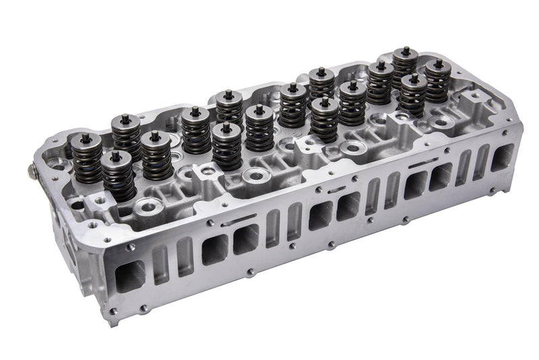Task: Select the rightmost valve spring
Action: coord(438,81)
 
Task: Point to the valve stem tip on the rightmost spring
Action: coord(439,63)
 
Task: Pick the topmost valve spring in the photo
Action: coord(405,63)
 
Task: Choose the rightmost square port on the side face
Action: coord(502,156)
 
